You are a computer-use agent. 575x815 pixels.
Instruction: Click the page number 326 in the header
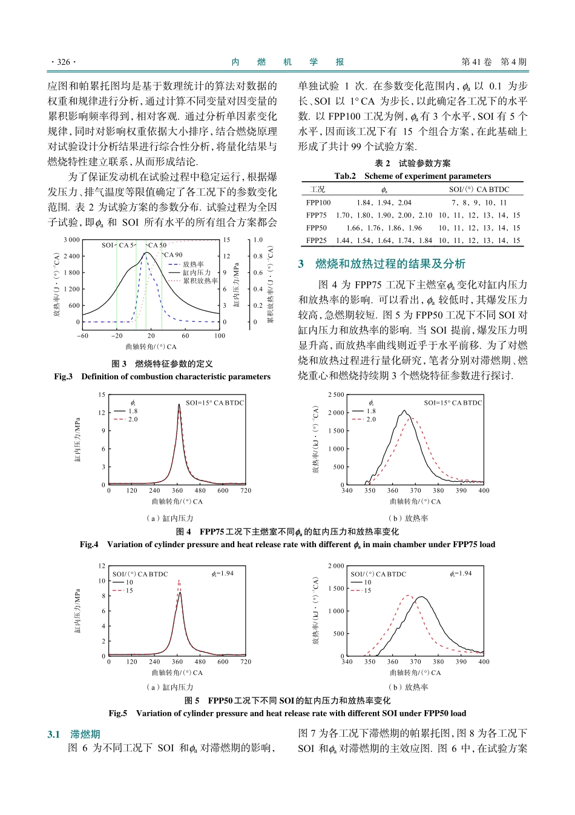click(x=64, y=62)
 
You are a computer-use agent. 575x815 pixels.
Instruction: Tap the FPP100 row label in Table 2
click(x=318, y=202)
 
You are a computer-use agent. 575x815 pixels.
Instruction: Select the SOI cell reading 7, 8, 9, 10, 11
click(x=479, y=202)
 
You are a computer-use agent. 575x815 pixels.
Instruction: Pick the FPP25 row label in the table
click(x=317, y=241)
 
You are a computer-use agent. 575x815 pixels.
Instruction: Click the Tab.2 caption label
click(x=345, y=176)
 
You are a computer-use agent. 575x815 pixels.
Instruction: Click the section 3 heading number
click(x=301, y=264)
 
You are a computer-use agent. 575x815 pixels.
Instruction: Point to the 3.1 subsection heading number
click(x=54, y=734)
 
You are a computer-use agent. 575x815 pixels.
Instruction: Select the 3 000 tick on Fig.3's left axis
click(x=71, y=240)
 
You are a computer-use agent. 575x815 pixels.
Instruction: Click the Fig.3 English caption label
click(x=63, y=376)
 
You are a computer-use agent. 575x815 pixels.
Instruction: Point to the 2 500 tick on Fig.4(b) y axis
click(x=336, y=394)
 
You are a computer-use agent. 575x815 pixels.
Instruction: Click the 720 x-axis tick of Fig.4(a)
click(x=246, y=491)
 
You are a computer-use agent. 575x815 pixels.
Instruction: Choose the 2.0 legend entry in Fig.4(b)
click(x=371, y=419)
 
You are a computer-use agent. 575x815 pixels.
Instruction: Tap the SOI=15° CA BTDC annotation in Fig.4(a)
click(x=215, y=402)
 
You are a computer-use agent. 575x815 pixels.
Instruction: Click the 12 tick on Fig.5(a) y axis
click(x=102, y=565)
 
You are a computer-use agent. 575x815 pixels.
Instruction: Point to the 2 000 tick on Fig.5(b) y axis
click(x=336, y=565)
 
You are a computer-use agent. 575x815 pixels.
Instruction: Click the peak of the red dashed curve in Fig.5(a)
click(x=179, y=580)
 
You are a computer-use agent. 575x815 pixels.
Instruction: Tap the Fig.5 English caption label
click(x=118, y=713)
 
